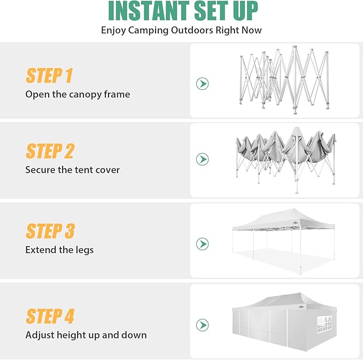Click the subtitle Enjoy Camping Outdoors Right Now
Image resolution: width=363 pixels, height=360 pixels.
tap(181, 30)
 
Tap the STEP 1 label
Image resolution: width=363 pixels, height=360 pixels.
tap(49, 76)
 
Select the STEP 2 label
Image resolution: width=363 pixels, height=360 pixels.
tap(50, 151)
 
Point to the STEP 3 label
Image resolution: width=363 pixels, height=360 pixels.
tap(50, 232)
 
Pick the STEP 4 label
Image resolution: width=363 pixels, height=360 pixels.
tap(50, 317)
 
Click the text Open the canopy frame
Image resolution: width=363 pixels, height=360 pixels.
tap(78, 94)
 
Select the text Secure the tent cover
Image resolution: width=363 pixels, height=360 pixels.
tap(72, 170)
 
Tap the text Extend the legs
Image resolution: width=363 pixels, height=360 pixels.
tap(59, 250)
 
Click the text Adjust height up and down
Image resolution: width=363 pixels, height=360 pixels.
tap(86, 335)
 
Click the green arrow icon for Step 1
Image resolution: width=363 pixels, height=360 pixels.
tap(202, 83)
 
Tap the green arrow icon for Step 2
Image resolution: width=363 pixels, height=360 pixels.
tap(202, 159)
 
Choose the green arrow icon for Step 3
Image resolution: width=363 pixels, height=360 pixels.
tap(202, 244)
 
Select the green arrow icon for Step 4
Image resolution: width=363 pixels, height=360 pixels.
tap(202, 325)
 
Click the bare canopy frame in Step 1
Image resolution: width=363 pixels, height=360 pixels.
tap(283, 80)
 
